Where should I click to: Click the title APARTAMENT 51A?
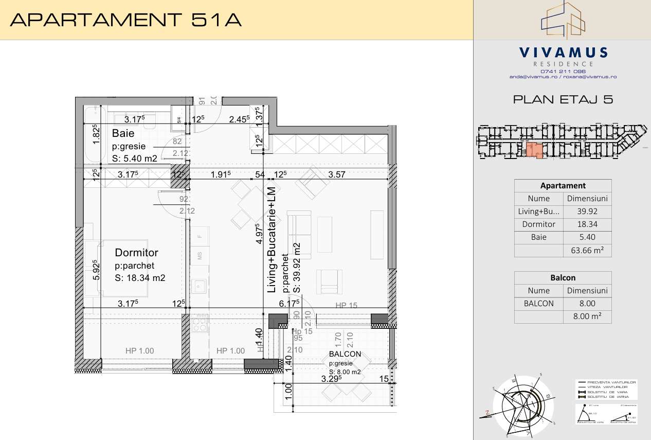point(125,20)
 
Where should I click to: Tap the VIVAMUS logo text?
point(563,52)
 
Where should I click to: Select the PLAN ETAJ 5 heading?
point(563,100)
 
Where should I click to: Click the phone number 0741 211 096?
point(563,71)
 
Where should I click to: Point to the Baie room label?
point(123,134)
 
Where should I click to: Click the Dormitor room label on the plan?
point(136,253)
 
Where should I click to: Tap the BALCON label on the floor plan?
point(345,354)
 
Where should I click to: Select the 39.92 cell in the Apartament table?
point(587,211)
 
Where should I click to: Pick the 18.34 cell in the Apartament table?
point(587,224)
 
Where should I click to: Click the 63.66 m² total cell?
point(587,251)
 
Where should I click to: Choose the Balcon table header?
point(563,277)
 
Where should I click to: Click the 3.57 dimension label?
point(337,174)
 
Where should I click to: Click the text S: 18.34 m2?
point(140,278)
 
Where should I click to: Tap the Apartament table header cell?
point(563,186)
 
